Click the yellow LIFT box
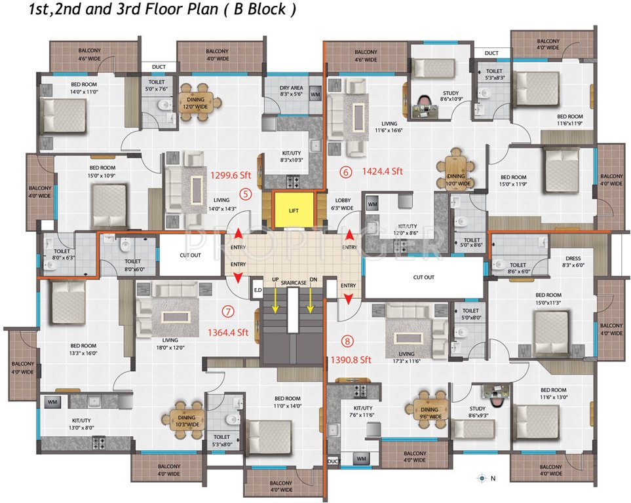pyautogui.click(x=292, y=210)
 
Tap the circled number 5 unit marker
pyautogui.click(x=245, y=193)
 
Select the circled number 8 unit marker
pyautogui.click(x=347, y=341)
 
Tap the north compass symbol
pyautogui.click(x=482, y=479)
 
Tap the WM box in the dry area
pyautogui.click(x=315, y=94)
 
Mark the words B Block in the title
pyautogui.click(x=259, y=10)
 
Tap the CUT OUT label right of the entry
pyautogui.click(x=423, y=277)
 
